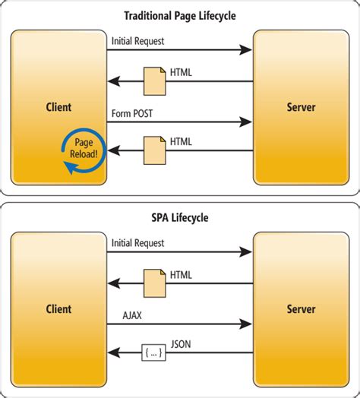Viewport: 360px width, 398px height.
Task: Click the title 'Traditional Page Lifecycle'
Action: pyautogui.click(x=180, y=14)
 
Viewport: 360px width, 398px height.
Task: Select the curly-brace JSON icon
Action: pyautogui.click(x=155, y=352)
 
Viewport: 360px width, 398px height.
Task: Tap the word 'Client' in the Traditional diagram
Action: pyautogui.click(x=58, y=107)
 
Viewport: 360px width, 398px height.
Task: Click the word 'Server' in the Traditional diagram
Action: pyautogui.click(x=302, y=107)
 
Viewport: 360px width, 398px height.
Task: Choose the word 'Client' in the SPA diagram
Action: pyautogui.click(x=58, y=309)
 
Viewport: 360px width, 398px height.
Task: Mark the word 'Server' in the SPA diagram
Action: pyautogui.click(x=302, y=309)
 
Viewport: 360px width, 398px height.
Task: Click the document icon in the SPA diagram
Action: pyautogui.click(x=155, y=282)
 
